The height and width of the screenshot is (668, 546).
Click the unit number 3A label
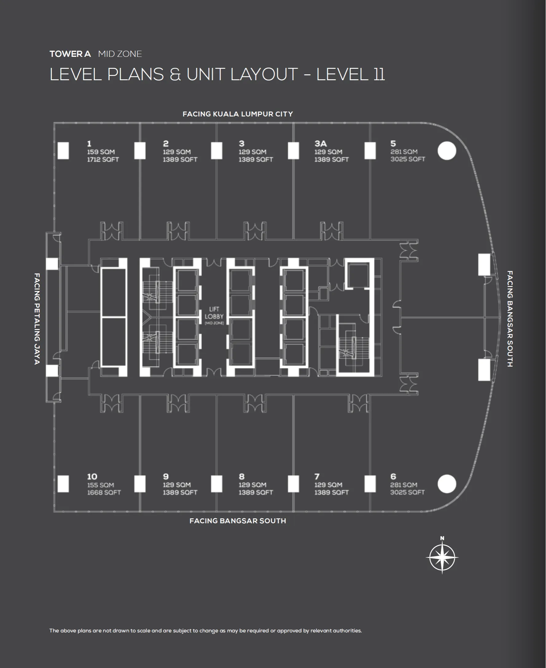321,143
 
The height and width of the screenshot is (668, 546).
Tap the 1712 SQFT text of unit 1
103,159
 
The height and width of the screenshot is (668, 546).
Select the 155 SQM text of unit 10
100,485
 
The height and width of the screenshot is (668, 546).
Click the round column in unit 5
447,151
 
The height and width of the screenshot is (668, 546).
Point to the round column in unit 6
447,484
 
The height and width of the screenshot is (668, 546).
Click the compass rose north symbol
442,557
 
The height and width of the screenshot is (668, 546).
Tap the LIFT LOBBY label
214,313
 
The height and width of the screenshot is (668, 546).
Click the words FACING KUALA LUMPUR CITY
237,114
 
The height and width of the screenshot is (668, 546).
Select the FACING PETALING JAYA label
37,318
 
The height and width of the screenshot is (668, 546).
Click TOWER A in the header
70,54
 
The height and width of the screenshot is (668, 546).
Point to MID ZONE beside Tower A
120,54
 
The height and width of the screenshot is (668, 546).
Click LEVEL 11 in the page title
350,74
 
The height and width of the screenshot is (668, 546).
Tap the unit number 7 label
317,476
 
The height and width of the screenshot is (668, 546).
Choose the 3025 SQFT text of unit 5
408,159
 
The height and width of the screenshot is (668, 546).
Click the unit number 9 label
166,476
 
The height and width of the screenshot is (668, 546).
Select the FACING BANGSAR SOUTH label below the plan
237,521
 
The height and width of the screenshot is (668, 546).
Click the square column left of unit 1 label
63,151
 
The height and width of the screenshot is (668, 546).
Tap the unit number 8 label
242,476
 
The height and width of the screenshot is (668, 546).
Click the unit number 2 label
166,143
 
